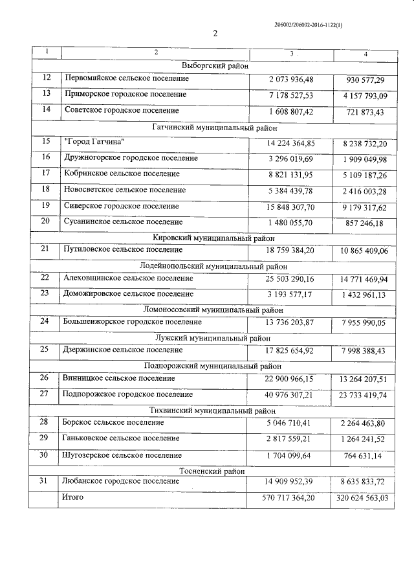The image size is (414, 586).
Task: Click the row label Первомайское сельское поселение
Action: tap(127, 78)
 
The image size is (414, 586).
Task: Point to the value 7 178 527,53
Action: tap(290, 95)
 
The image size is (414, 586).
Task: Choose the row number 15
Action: tap(45, 142)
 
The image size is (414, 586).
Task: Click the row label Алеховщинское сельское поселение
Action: tap(129, 278)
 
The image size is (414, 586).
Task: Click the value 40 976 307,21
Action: tap(290, 395)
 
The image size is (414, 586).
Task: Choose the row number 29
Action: tap(45, 438)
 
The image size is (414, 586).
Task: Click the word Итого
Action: tap(73, 497)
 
